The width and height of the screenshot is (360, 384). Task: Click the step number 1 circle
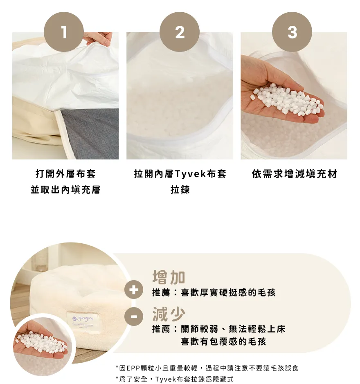click(64, 32)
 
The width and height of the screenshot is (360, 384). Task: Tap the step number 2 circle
click(180, 32)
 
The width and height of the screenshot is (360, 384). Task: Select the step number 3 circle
click(292, 32)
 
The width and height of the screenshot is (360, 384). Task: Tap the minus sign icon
click(133, 317)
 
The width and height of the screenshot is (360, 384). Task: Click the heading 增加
click(169, 277)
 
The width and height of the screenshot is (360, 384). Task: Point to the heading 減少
click(169, 314)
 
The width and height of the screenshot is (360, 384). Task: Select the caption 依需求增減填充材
click(294, 174)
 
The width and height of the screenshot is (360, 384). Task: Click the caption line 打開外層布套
click(65, 174)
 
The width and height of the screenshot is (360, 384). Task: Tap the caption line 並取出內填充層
click(65, 190)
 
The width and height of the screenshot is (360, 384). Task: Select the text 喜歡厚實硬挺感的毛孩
click(228, 292)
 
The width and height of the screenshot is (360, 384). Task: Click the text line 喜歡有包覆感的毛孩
click(223, 341)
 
